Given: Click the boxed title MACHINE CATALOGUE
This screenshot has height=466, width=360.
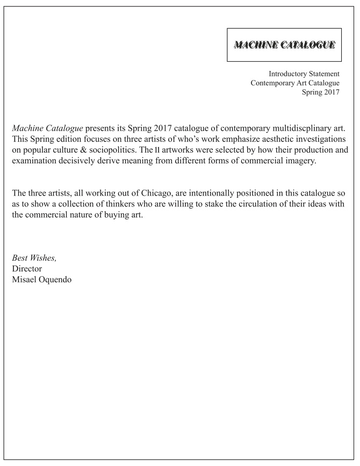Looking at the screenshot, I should [284, 44].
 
